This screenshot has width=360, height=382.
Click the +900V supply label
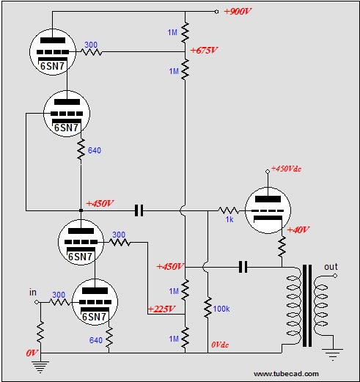(238, 11)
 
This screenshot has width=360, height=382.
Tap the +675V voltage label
(204, 50)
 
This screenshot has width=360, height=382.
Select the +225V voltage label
(161, 309)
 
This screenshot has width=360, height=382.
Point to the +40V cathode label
(298, 229)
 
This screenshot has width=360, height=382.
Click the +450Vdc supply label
(286, 169)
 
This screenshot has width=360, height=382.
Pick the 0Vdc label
(220, 345)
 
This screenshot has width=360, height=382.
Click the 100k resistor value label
(221, 309)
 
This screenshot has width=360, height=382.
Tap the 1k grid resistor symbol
(229, 210)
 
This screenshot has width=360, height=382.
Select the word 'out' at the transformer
(331, 267)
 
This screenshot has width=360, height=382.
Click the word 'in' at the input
(33, 293)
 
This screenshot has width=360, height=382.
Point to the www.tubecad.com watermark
(286, 374)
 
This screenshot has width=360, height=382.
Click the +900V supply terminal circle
(216, 12)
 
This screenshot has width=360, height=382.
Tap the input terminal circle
(37, 302)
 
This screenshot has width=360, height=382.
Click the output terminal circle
(335, 276)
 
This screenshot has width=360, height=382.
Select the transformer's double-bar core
(307, 306)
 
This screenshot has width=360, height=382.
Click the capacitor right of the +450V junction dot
(139, 210)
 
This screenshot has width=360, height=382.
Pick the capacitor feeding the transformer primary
(243, 267)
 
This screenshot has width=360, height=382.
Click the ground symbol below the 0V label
(40, 367)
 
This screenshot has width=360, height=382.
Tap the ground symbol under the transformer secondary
(333, 354)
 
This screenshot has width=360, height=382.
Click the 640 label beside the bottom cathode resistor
(95, 340)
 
